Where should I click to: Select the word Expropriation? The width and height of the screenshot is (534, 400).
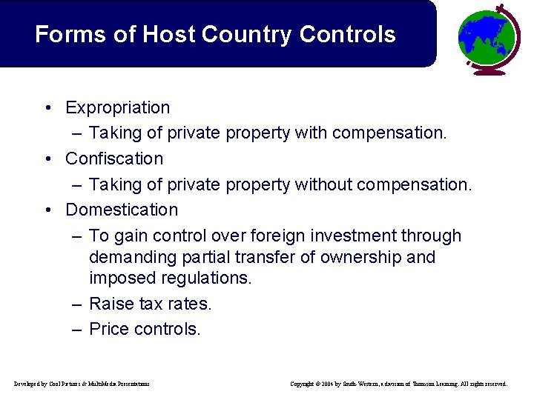coord(118,108)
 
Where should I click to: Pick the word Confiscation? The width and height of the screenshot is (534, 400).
coord(114,159)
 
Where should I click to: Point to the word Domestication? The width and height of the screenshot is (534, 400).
coord(122,210)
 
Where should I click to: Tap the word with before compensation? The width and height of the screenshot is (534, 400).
coord(311,133)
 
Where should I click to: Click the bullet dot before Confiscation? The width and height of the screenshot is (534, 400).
coord(47,159)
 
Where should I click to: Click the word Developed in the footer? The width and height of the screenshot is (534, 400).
coord(30,384)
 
